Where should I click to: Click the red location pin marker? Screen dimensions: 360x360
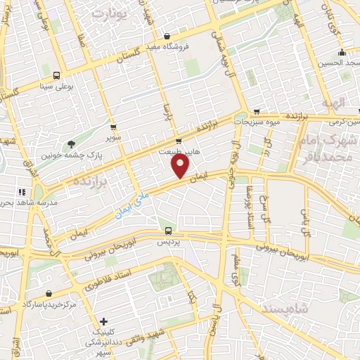[x=181, y=166]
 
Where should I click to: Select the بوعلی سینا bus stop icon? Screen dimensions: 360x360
[x=56, y=76]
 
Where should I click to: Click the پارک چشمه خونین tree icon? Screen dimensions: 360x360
[x=71, y=144]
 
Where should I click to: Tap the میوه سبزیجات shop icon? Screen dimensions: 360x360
[x=257, y=112]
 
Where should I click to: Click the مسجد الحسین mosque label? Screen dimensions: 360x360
[x=338, y=63]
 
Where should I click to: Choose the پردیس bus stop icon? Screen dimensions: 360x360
[x=168, y=230]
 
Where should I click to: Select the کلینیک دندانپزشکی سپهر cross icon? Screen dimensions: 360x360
[x=103, y=321]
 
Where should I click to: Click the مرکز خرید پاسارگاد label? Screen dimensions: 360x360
[x=49, y=304]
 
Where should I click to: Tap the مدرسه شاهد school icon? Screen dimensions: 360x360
[x=21, y=191]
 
